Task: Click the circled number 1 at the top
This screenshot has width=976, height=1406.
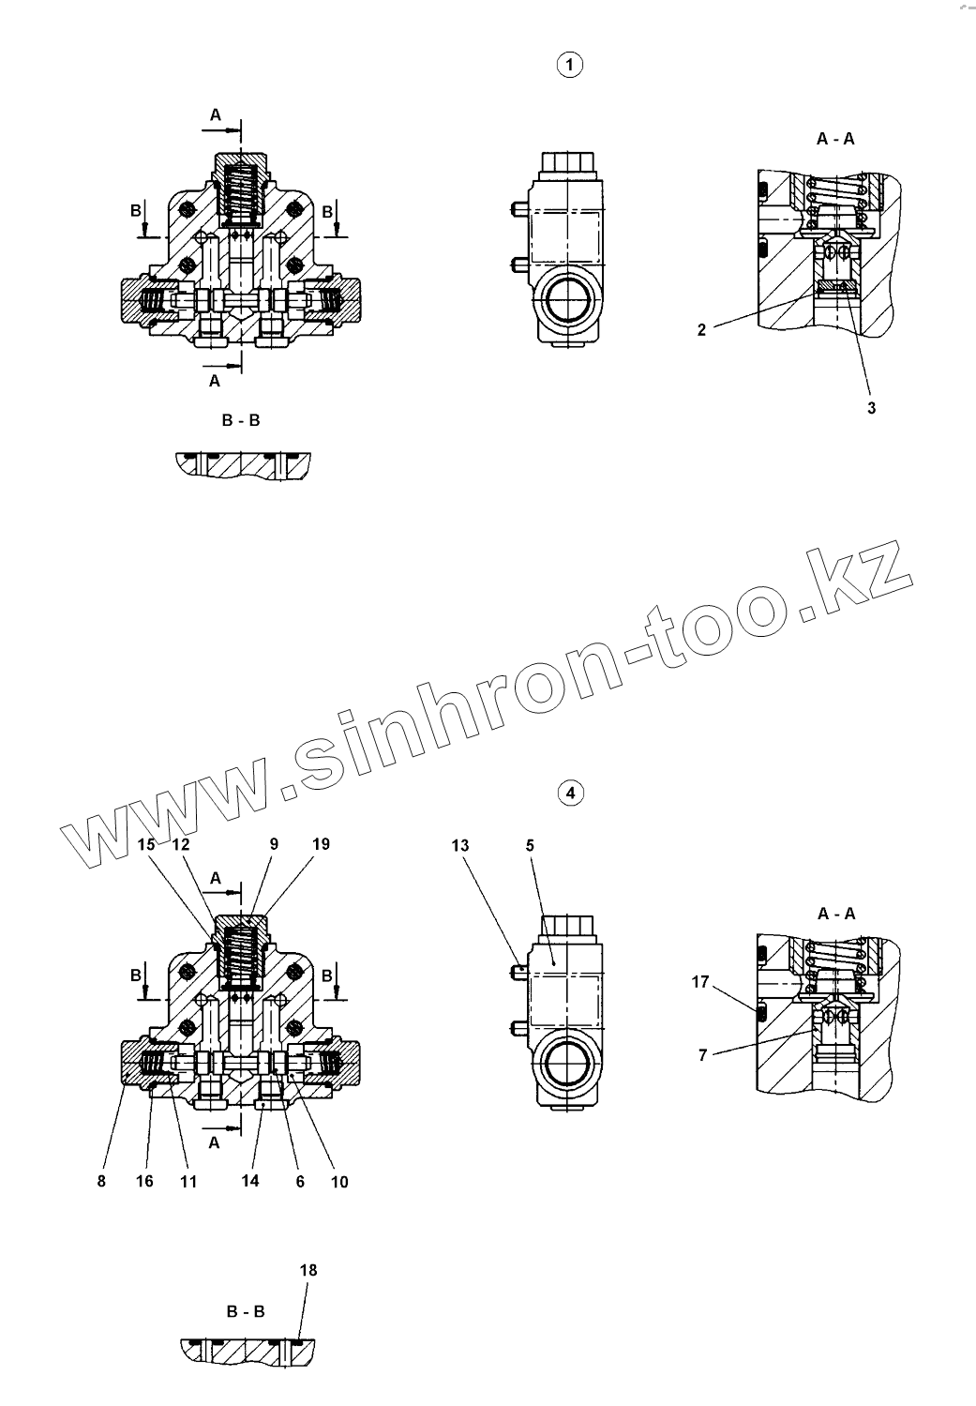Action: point(569,65)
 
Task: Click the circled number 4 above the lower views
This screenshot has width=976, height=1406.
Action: point(569,794)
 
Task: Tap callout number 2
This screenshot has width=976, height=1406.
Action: point(702,329)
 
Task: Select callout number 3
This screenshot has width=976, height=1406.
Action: point(871,408)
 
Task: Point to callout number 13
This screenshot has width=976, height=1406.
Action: point(459,845)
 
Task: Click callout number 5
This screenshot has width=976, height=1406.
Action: point(530,845)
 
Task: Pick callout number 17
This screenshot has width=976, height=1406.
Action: point(700,982)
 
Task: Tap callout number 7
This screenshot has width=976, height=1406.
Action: point(702,1055)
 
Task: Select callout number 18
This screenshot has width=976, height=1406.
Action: point(308,1270)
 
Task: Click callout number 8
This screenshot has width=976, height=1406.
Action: point(101,1182)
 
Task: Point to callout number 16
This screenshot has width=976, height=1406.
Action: point(144,1182)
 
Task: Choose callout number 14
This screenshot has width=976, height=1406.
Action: point(249,1182)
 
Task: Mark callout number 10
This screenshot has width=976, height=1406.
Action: point(339,1182)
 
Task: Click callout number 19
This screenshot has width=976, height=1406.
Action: point(321,844)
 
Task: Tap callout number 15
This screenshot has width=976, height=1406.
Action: point(145,844)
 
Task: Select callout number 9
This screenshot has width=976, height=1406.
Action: point(274,844)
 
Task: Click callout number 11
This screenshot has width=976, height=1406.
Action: point(188,1182)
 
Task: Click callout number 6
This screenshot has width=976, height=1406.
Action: point(300,1182)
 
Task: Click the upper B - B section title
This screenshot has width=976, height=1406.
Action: point(241,421)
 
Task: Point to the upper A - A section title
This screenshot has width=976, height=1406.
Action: point(835,139)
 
